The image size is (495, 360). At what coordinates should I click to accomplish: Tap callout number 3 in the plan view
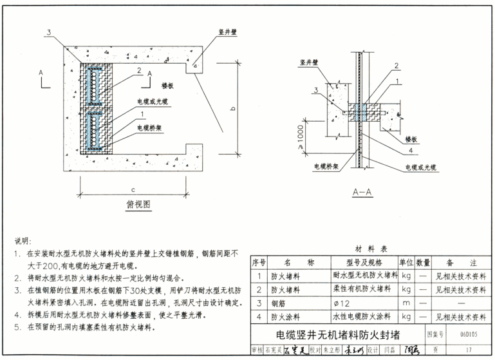pos(48,32)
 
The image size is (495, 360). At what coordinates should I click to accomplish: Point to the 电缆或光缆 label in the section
pos(421,167)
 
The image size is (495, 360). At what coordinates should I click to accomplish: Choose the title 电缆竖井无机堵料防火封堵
pos(337,335)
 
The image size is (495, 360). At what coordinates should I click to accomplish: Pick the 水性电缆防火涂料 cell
pos(364,317)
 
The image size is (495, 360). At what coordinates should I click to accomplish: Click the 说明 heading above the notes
pos(23,241)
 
